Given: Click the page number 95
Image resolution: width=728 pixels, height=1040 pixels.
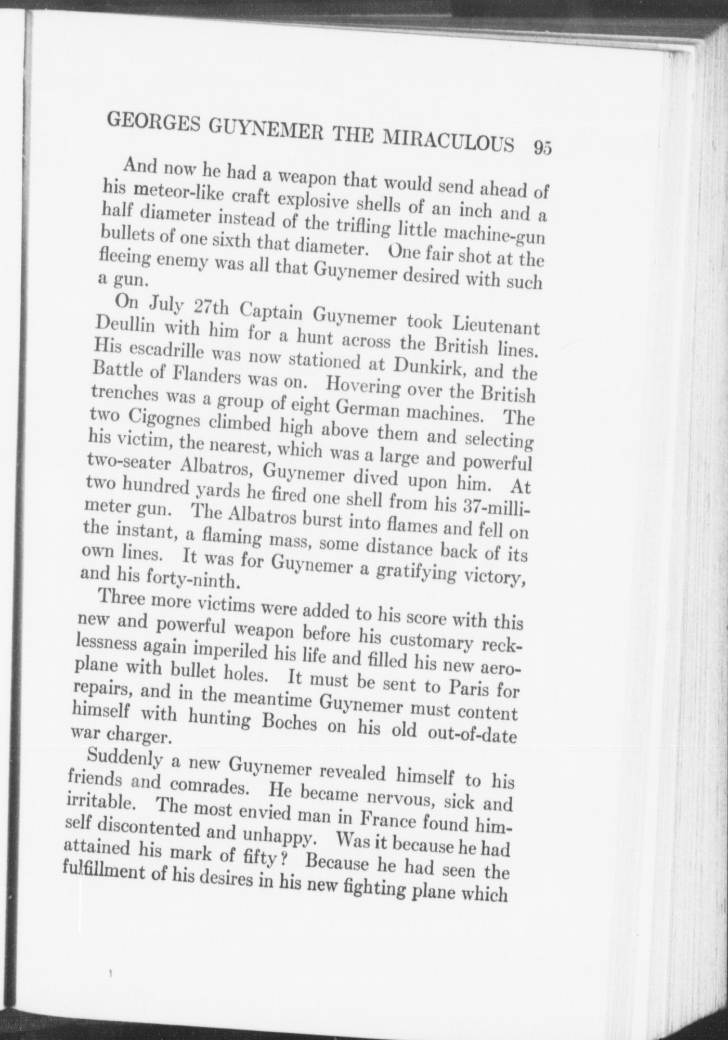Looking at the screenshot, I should [541, 148].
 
